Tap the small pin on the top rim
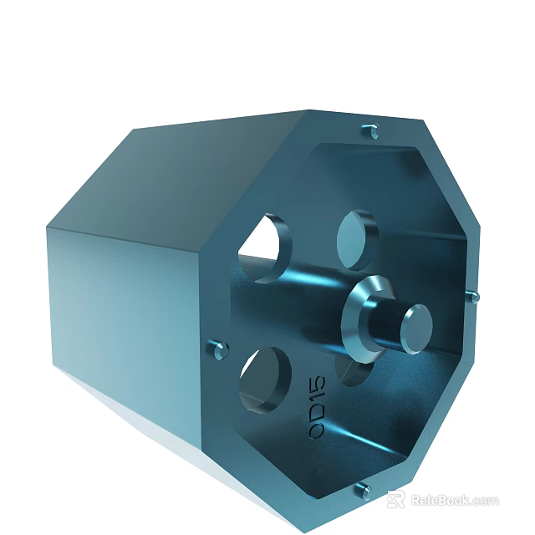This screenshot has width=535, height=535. click(371, 131)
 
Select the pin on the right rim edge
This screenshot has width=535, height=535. click(473, 296)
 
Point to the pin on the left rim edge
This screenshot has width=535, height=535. click(220, 349)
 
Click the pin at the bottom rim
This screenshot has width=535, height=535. click(363, 490)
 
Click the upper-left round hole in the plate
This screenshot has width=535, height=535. click(262, 247)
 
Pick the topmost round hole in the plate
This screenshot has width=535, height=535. click(357, 238)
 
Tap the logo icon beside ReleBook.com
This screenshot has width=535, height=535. click(396, 500)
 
